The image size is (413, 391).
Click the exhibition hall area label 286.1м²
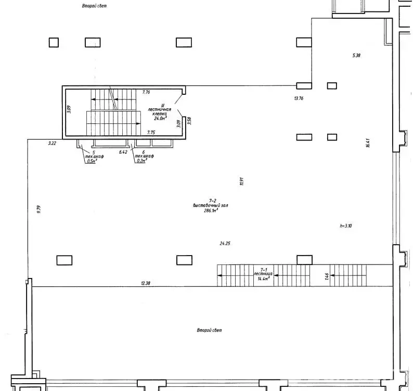click(211, 211)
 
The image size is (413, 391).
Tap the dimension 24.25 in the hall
click(225, 243)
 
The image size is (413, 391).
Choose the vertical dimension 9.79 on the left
click(38, 209)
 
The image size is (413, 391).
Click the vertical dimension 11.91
click(242, 181)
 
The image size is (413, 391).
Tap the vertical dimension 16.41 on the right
click(368, 143)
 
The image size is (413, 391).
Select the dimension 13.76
click(299, 97)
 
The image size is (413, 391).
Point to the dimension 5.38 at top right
click(356, 55)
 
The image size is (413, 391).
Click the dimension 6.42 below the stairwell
click(123, 152)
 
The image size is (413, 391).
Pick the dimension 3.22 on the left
click(52, 143)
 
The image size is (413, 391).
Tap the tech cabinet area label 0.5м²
click(92, 161)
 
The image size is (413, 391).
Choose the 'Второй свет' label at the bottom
click(209, 331)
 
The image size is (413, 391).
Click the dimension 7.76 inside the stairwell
click(146, 92)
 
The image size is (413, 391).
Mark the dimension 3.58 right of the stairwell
click(190, 121)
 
